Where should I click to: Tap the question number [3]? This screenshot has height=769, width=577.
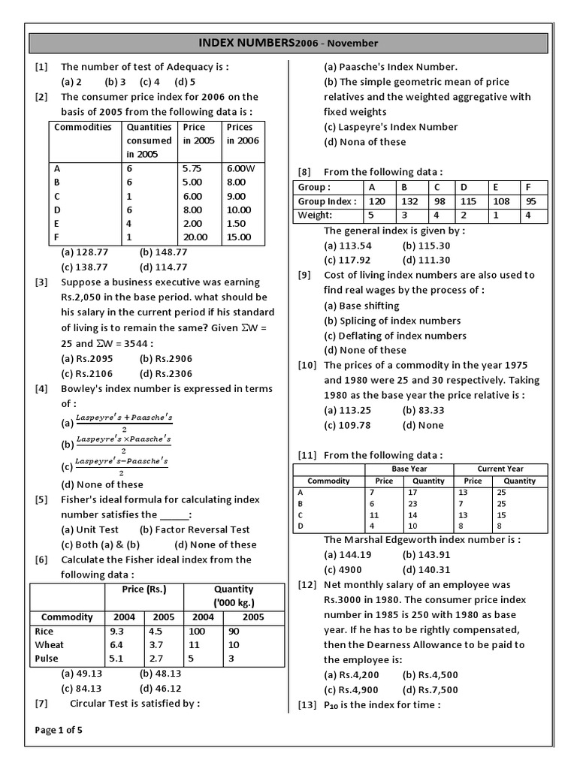click(x=41, y=282)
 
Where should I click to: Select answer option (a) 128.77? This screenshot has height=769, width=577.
click(x=86, y=252)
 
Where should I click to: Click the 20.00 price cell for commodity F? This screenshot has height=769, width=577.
click(x=197, y=237)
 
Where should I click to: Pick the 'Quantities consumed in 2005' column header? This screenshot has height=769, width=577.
click(x=149, y=140)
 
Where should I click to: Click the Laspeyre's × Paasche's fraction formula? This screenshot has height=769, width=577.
click(x=124, y=443)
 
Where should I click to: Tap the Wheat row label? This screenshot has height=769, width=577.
click(x=50, y=644)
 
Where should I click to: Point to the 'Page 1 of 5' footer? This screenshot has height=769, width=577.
click(x=59, y=730)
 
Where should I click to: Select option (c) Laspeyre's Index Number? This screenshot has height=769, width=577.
click(x=391, y=127)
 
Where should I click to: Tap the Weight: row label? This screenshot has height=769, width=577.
click(x=315, y=216)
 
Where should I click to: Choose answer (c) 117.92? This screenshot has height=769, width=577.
click(x=347, y=260)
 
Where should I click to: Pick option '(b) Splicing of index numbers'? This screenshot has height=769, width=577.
click(x=392, y=321)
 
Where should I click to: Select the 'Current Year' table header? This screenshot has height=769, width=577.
click(x=500, y=469)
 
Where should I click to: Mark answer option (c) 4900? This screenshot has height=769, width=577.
click(x=343, y=569)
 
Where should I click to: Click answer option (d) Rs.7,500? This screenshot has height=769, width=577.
click(x=430, y=689)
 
